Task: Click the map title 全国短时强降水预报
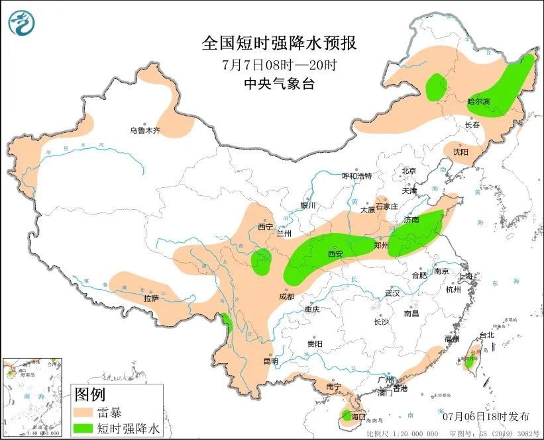279,43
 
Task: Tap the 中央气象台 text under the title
279,84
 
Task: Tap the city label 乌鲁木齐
144,131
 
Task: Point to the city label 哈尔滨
478,102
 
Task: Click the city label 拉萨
151,298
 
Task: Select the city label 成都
287,297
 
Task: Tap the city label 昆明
270,361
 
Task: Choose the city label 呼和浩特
356,176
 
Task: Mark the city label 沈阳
461,152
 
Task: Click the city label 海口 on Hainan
358,417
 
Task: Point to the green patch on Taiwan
470,361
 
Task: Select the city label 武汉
393,293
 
